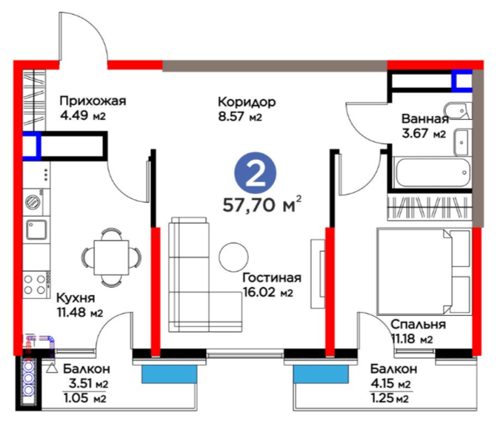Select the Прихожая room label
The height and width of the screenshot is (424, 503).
(x=93, y=101)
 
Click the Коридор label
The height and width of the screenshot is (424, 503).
(x=247, y=101)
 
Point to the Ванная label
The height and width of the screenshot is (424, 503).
(x=424, y=121)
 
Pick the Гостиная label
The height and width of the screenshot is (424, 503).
(x=271, y=277)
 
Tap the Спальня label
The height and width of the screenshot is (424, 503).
(x=419, y=324)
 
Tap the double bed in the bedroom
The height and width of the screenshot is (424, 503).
(x=423, y=269)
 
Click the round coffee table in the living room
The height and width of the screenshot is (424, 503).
(x=234, y=257)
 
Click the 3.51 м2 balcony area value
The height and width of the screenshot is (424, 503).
(x=88, y=383)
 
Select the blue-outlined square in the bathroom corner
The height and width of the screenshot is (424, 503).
(x=462, y=79)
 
